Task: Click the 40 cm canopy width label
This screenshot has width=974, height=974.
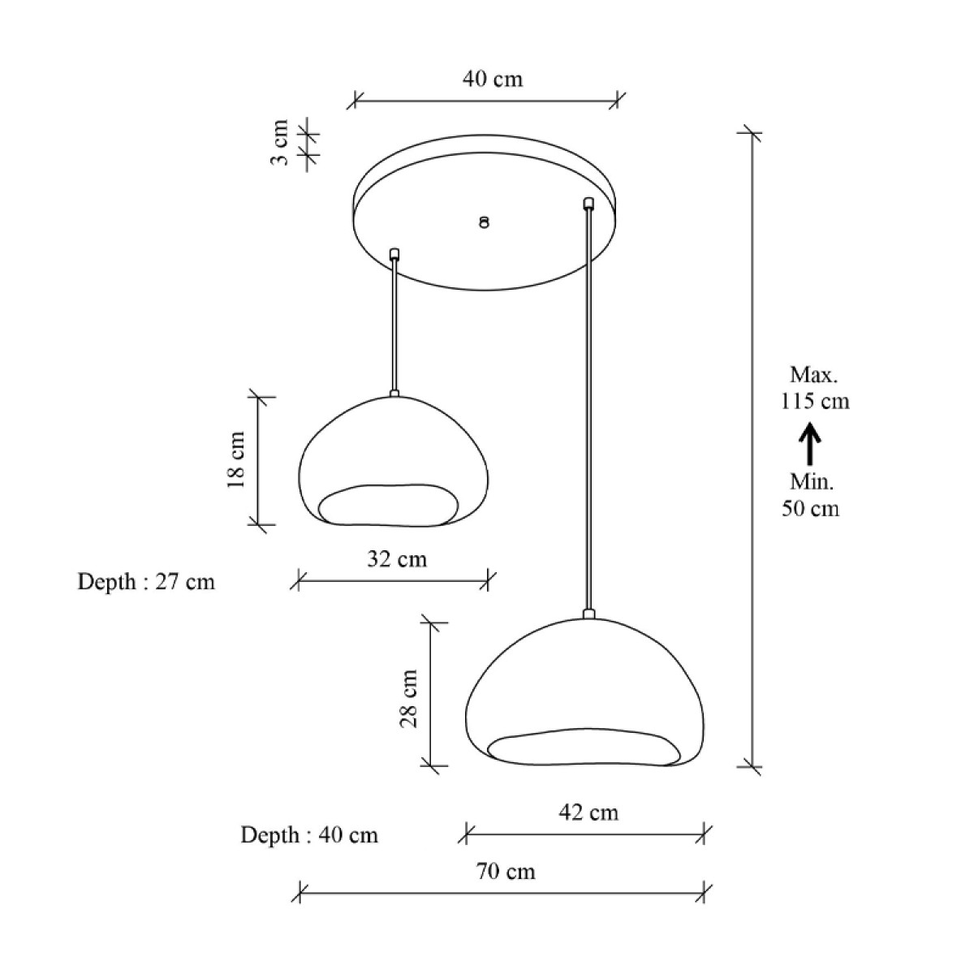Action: [x=493, y=80]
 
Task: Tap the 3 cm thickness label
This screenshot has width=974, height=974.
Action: [x=279, y=142]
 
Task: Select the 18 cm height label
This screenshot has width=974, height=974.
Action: [x=236, y=460]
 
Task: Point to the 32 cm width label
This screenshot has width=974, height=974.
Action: [x=397, y=559]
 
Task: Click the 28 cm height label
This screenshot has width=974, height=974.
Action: [x=408, y=699]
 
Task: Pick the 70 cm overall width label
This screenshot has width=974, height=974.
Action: [x=506, y=872]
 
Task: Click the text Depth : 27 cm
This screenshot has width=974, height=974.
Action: [x=146, y=582]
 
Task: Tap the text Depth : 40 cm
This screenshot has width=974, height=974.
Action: [x=309, y=835]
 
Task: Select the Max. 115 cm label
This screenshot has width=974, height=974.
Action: [x=815, y=388]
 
